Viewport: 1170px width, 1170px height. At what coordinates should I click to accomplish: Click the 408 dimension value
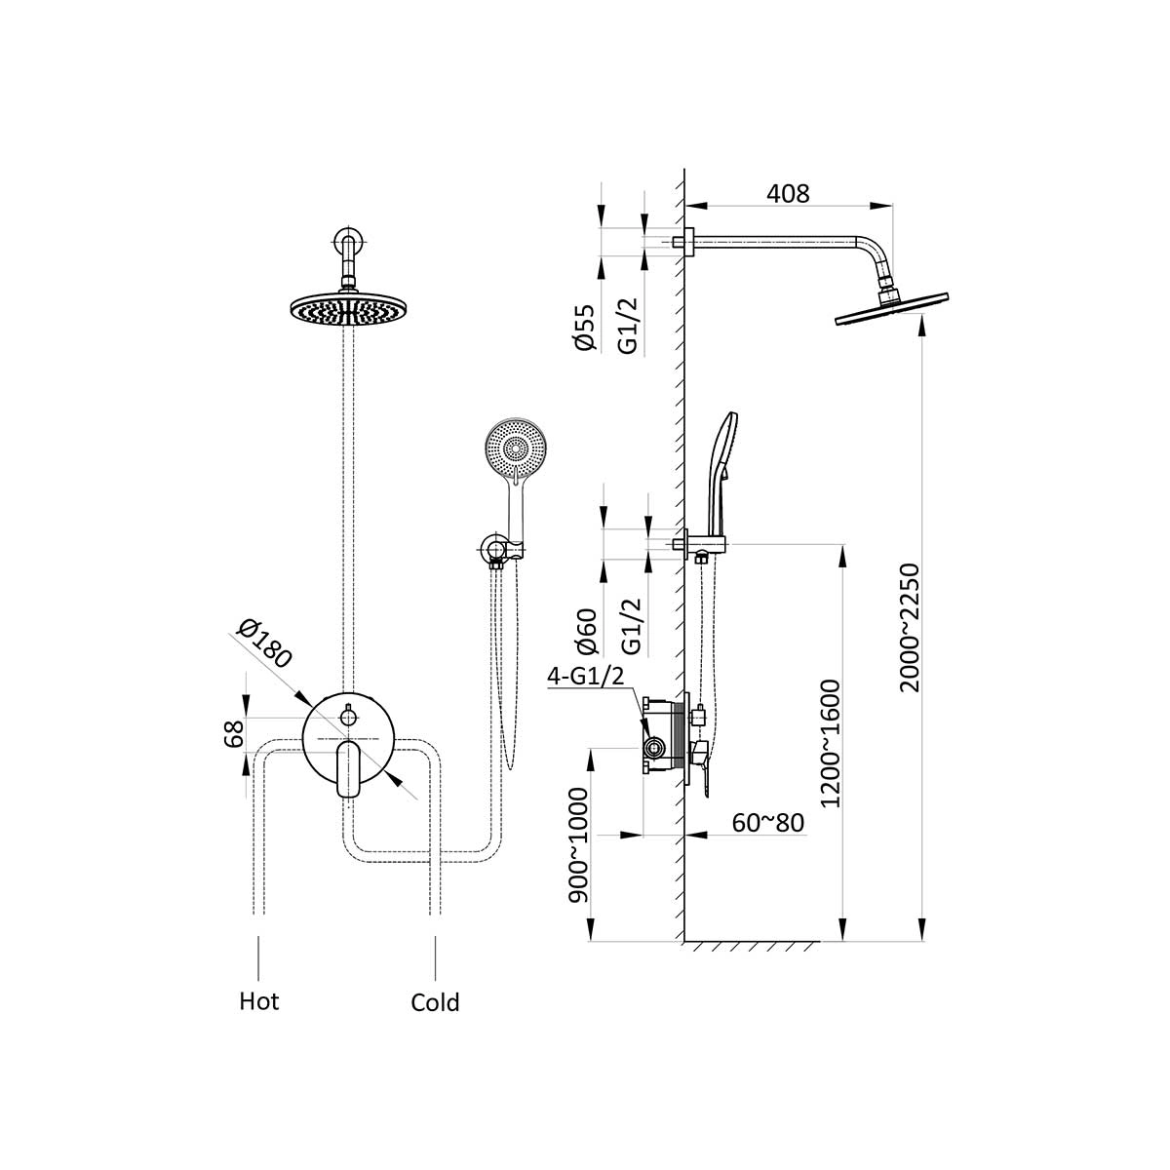click(x=788, y=193)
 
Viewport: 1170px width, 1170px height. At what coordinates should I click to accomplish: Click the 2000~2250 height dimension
click(x=909, y=627)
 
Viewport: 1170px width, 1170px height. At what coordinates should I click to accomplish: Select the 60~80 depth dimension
click(x=768, y=823)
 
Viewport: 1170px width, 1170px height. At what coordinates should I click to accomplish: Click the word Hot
click(x=259, y=1001)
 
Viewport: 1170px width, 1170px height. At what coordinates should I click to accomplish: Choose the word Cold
click(x=435, y=1002)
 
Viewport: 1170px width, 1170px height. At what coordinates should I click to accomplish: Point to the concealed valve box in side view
click(x=664, y=736)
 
